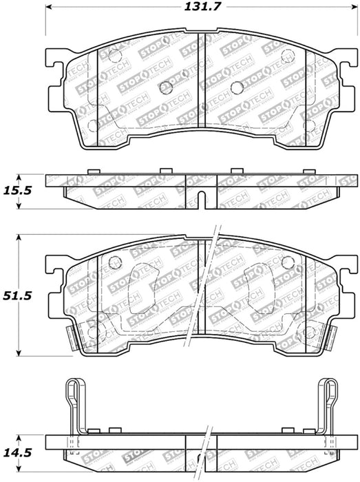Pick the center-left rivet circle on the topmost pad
[165, 87]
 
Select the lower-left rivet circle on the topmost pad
[94, 125]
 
